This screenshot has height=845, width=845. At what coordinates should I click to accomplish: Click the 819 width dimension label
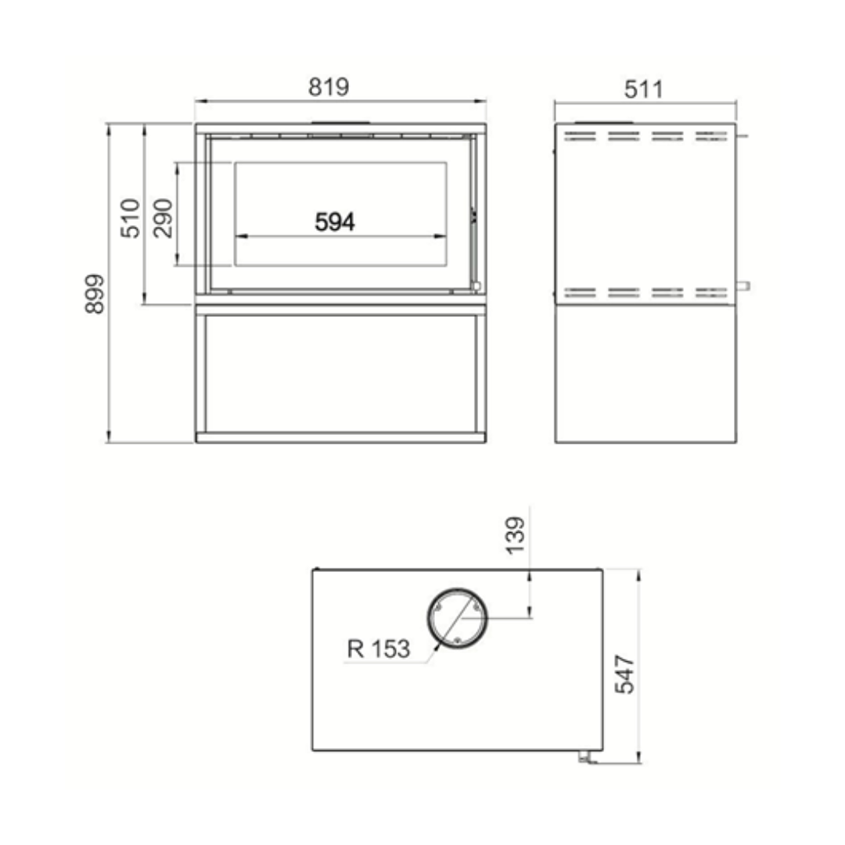pyautogui.click(x=329, y=87)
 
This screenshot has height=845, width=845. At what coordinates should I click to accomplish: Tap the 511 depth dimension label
pyautogui.click(x=643, y=89)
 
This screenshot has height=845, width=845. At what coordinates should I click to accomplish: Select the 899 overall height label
pyautogui.click(x=95, y=293)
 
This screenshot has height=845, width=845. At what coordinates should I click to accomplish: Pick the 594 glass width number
pyautogui.click(x=335, y=222)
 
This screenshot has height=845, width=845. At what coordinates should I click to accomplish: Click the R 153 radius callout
pyautogui.click(x=379, y=649)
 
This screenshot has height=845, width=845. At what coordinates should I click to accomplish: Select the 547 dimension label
pyautogui.click(x=625, y=674)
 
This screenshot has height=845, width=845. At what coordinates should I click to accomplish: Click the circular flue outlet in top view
pyautogui.click(x=457, y=618)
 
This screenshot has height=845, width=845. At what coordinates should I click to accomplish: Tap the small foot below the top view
pyautogui.click(x=584, y=756)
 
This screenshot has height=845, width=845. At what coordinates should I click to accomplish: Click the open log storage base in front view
pyautogui.click(x=340, y=373)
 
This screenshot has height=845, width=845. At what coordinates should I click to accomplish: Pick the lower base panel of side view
pyautogui.click(x=645, y=373)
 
